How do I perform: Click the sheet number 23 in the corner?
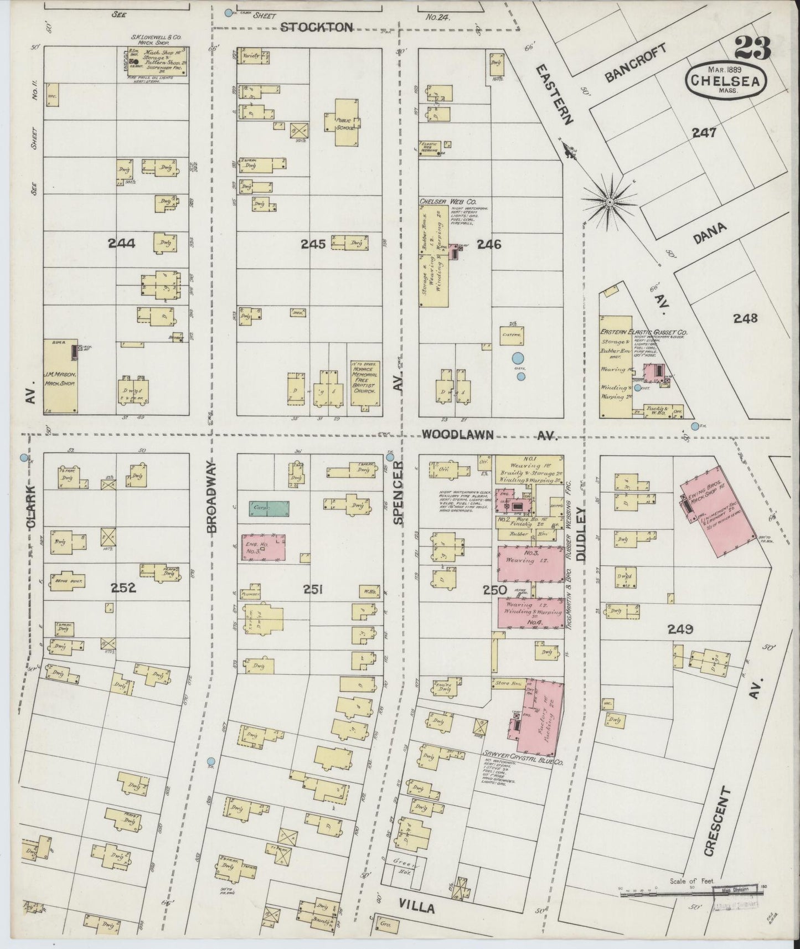tap(752, 48)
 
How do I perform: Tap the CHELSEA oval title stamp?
tap(727, 81)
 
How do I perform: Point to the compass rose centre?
tap(609, 203)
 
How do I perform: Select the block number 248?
tap(745, 318)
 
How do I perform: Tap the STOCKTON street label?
tap(316, 27)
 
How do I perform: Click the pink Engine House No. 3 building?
tap(262, 549)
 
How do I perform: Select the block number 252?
tap(122, 588)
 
